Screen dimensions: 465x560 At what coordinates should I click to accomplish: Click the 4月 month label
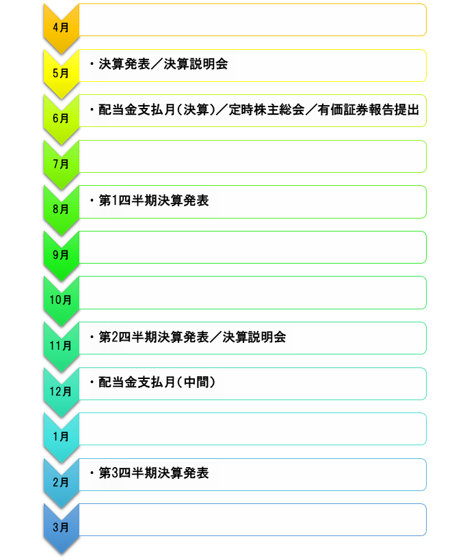(x=60, y=27)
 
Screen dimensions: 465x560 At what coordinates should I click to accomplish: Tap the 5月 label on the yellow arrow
(x=60, y=73)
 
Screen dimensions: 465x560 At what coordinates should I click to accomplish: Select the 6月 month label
(x=60, y=118)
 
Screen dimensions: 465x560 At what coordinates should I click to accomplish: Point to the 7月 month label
(x=60, y=164)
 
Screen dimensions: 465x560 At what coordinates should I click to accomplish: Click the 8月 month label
(x=60, y=209)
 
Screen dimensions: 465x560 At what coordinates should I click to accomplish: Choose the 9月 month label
(x=60, y=255)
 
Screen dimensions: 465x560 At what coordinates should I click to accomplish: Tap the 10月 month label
(x=60, y=300)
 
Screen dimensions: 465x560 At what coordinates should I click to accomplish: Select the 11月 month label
(x=60, y=346)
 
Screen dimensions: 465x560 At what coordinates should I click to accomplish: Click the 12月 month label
(x=60, y=391)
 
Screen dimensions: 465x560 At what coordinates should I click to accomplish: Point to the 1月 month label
(x=60, y=436)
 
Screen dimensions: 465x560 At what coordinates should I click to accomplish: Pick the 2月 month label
(x=60, y=481)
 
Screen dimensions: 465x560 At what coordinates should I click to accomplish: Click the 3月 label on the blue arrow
(x=60, y=527)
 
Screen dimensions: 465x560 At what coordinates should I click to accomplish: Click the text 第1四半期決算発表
(x=154, y=200)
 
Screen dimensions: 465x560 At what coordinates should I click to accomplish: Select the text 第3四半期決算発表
(x=154, y=473)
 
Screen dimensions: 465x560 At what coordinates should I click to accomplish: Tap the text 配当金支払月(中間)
(x=157, y=382)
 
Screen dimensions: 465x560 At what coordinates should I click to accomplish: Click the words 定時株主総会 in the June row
(x=267, y=110)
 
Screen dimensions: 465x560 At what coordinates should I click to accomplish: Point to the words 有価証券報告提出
(x=369, y=110)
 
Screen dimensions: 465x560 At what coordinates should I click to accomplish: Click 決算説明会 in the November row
(x=254, y=337)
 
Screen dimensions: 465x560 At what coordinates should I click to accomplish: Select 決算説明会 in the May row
(x=196, y=64)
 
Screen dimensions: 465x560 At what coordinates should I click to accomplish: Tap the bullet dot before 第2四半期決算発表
(x=92, y=337)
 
